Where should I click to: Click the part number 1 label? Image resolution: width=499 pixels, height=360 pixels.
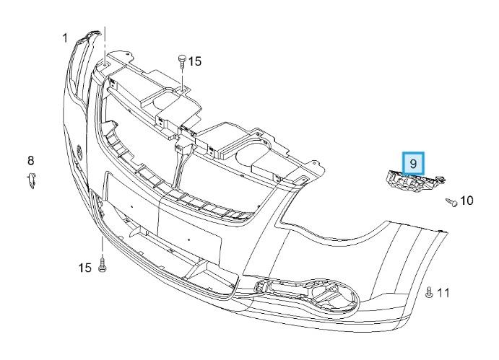pos(65,38)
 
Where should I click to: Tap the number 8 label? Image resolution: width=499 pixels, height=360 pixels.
pos(30,160)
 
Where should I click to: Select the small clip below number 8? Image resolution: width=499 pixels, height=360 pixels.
pos(31,180)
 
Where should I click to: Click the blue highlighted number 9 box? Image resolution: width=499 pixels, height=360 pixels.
pos(413,164)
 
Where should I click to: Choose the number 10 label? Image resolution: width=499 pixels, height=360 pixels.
pos(467,201)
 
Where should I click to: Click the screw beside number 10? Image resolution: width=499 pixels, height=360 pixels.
pos(451,201)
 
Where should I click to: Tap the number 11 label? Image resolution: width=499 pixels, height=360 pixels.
pos(443,293)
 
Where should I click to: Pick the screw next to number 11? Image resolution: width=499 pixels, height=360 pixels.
pos(429,292)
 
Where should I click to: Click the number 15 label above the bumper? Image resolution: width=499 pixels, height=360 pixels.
pos(195,61)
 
